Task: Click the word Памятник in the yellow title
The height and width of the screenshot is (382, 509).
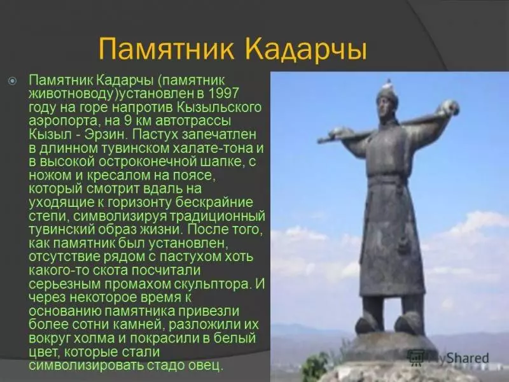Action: click(x=166, y=48)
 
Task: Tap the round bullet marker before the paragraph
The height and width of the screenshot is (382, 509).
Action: click(x=12, y=81)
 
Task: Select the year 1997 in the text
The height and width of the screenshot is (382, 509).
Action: click(x=223, y=94)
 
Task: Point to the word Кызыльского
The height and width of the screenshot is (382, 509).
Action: click(x=219, y=108)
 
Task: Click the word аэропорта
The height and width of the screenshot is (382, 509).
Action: click(x=63, y=122)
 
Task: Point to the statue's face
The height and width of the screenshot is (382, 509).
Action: click(x=384, y=108)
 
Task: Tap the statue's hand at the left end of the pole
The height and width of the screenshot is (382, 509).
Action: click(x=338, y=132)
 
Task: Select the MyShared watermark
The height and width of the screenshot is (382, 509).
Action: click(x=449, y=358)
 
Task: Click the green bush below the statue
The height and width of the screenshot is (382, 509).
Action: click(x=315, y=367)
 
